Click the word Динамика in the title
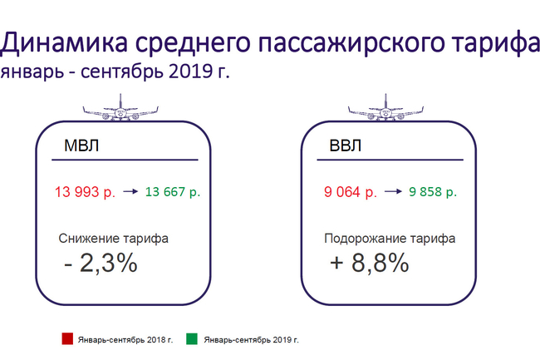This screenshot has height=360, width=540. tap(64, 42)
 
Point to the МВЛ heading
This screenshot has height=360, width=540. tap(81, 145)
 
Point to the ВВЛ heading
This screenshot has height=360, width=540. tap(346, 145)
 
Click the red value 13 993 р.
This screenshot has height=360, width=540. tap(85, 192)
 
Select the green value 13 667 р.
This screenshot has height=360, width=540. tap(173, 191)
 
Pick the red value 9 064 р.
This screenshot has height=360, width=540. tap(351, 192)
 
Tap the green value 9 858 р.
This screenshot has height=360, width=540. tap(433, 191)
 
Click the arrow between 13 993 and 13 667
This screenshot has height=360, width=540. tap(130, 191)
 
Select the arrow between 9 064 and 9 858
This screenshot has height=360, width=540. tap(393, 191)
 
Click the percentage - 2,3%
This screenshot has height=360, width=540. tap(101, 264)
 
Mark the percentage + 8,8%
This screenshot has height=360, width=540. tap(370, 264)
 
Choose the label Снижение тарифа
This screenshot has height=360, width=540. tap(113, 239)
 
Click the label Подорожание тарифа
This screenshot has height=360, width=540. tap(390, 239)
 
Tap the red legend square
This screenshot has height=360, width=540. tap(67, 338)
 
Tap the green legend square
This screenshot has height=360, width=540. tap(192, 338)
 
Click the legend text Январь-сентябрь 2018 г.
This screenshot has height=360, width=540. tap(125, 340)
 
